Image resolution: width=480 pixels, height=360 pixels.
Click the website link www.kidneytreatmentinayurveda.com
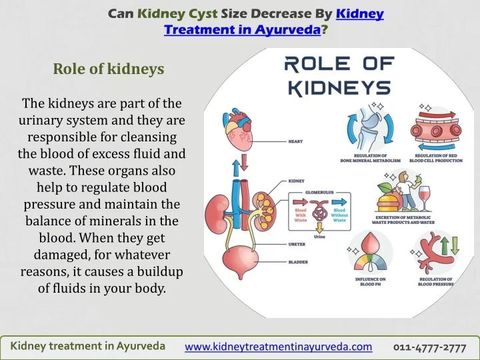(278, 347)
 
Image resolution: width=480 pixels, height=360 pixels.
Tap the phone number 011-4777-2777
(429, 347)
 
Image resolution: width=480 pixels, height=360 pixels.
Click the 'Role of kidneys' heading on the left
(109, 69)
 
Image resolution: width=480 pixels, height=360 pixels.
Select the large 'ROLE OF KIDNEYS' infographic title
(337, 76)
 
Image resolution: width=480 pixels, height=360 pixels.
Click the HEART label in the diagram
(297, 141)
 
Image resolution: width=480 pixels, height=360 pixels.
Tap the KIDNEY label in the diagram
(297, 181)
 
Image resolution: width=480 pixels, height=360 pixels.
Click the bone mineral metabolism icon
(370, 129)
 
